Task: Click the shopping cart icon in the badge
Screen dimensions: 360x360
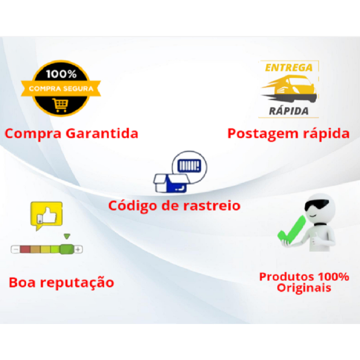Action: (x=60, y=105)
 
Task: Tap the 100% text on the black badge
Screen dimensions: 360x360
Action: (x=61, y=74)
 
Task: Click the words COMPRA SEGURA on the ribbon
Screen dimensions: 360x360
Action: (x=61, y=89)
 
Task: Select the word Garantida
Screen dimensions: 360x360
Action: (x=102, y=134)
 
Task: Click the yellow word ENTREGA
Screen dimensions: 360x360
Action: (x=289, y=68)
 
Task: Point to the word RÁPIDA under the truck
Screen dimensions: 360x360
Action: (x=289, y=111)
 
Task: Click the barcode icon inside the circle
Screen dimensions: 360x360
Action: (x=190, y=166)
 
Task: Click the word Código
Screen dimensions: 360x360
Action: (x=133, y=206)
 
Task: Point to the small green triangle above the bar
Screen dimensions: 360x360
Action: (x=67, y=236)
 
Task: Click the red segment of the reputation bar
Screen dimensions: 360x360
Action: (x=25, y=249)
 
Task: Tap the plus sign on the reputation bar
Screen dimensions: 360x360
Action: (x=78, y=249)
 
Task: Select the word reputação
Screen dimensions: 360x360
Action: (x=77, y=283)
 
